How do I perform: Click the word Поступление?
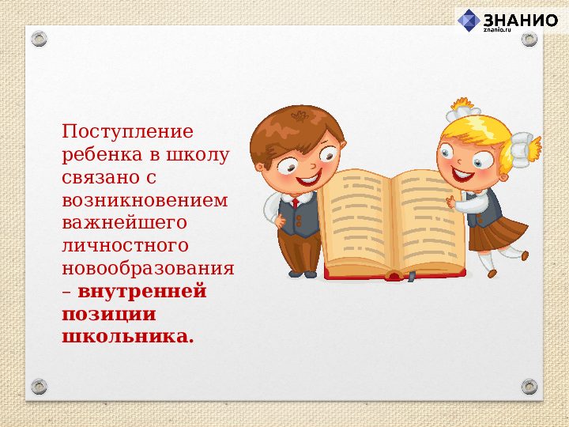pos(127,131)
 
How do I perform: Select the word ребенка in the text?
pos(97,154)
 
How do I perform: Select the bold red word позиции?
pos(108,314)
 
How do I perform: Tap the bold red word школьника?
pos(126,337)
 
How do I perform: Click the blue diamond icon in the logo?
pos(469,20)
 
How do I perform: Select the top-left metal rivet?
pos(40,39)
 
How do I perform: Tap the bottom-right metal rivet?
pos(529,387)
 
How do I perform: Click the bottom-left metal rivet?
pos(40,387)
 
